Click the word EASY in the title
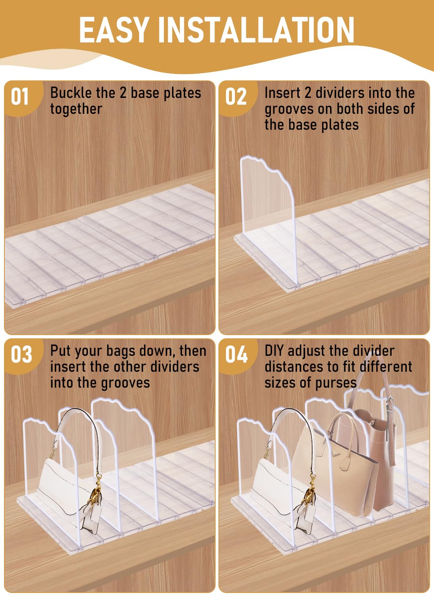coord(114,29)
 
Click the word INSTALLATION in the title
coord(256,29)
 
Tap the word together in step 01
coord(76,109)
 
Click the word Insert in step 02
coord(282,93)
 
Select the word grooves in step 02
coord(289,109)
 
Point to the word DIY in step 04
coord(274,351)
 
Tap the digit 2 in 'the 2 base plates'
coord(123,93)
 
